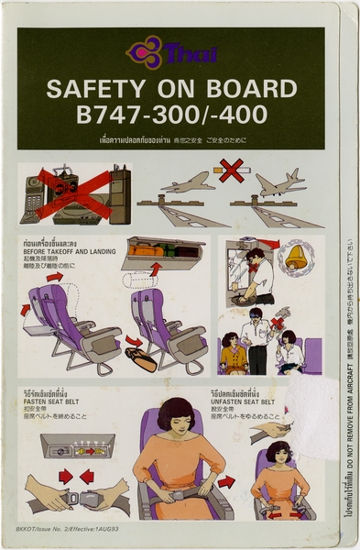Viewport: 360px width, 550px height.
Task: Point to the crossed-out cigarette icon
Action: point(230,170)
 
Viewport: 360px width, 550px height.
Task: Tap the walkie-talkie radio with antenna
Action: point(119,191)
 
